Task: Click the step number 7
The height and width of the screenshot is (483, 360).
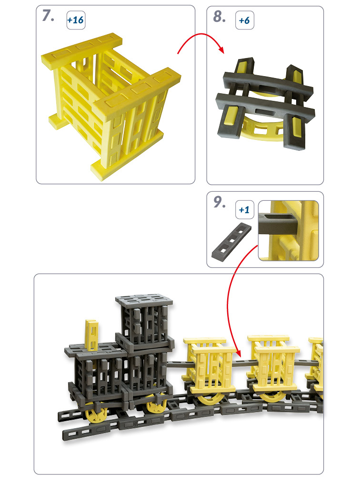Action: click(48, 16)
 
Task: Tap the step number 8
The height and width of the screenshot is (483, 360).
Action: click(219, 16)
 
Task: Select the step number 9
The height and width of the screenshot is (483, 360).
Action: click(219, 202)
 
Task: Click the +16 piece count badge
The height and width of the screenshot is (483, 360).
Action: click(76, 20)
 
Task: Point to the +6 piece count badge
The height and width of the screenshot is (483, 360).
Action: click(245, 20)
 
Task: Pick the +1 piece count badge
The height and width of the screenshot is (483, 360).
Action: click(245, 210)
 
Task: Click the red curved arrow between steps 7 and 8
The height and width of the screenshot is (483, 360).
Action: click(201, 34)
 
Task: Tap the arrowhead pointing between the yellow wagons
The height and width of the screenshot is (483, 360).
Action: click(237, 352)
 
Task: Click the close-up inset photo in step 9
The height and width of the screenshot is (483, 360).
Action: click(289, 231)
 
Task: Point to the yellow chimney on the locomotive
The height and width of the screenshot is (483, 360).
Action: click(92, 335)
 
